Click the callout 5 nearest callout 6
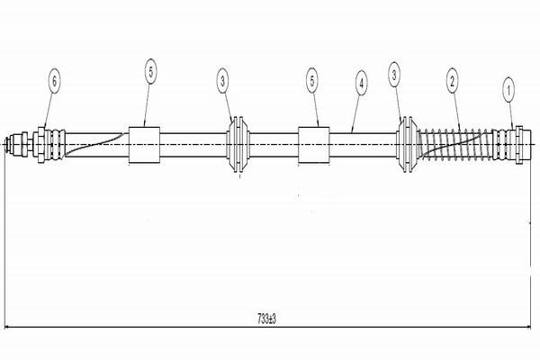149,72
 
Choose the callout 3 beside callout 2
393,75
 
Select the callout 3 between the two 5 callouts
222,82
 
